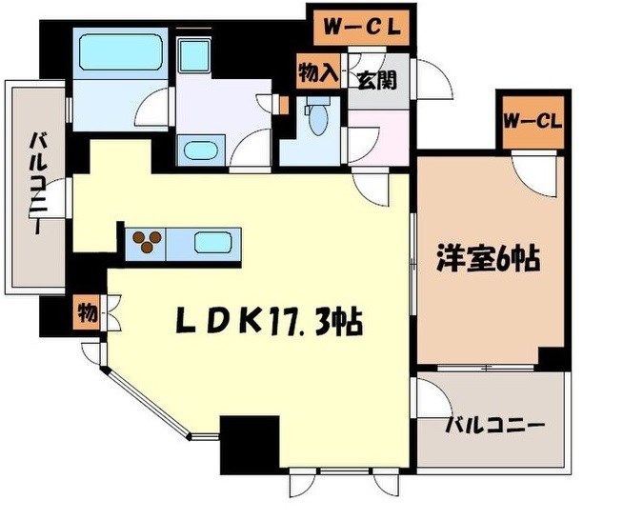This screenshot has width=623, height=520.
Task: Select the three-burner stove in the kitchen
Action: [x=147, y=242]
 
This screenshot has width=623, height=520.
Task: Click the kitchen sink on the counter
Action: [x=211, y=242]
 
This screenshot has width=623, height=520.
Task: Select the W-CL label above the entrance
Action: [x=359, y=27]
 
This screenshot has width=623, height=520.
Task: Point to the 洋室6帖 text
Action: [x=488, y=256]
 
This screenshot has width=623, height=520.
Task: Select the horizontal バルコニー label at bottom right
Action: [x=494, y=425]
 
